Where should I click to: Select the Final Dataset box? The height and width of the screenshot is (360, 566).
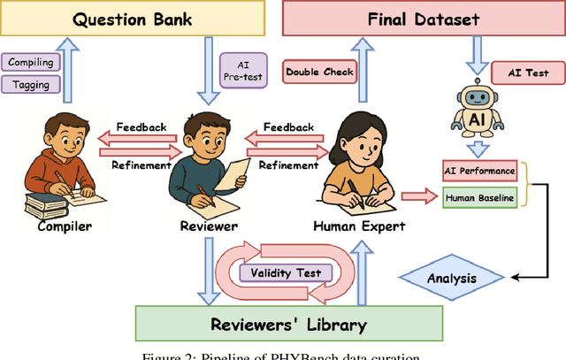(422, 19)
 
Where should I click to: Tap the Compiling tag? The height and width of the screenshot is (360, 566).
(32, 62)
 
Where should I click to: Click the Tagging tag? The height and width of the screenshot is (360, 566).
(32, 84)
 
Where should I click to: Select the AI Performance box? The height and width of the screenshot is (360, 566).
(478, 168)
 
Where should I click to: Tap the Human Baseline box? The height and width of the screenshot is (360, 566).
(478, 198)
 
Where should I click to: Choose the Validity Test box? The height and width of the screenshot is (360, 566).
(284, 272)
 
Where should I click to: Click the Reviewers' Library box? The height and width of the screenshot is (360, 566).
(287, 325)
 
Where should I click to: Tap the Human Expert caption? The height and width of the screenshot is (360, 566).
(359, 226)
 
